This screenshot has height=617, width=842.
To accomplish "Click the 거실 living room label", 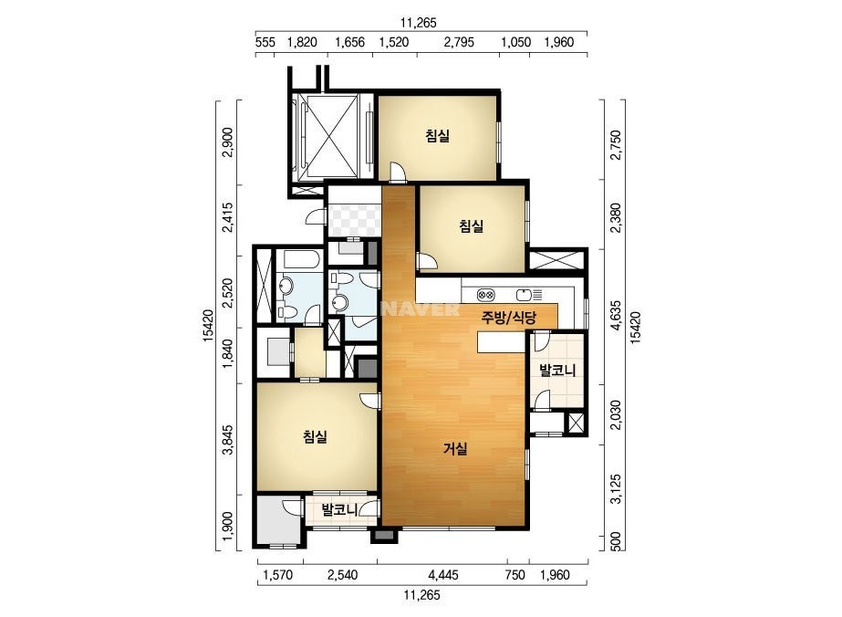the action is click(455, 449).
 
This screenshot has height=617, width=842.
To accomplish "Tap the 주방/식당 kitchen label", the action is click(508, 318).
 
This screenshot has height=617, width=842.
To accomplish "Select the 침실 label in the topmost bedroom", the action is click(437, 136).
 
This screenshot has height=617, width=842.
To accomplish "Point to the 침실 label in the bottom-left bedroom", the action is click(315, 437).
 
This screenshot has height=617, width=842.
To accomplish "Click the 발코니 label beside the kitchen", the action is click(557, 370).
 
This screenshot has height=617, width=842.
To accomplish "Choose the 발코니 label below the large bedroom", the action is click(339, 509).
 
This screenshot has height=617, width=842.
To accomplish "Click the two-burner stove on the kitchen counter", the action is click(486, 295).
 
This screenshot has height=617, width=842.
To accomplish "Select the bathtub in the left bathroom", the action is click(301, 259).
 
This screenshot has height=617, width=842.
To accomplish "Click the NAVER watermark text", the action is click(421, 309).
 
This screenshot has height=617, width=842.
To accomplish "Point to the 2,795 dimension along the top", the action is click(459, 43).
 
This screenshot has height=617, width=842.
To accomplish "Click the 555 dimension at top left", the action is click(265, 43).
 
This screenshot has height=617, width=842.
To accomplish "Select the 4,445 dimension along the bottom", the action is click(443, 575).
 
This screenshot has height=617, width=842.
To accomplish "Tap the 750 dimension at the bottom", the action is click(515, 575).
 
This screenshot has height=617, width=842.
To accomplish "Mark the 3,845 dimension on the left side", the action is click(228, 440).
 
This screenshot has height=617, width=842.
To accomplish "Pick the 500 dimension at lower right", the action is click(616, 541).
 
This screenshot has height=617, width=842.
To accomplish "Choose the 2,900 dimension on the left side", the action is click(228, 141).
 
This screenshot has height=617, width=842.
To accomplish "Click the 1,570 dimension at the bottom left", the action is click(278, 575).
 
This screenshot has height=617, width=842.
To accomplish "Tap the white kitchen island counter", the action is click(502, 342).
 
